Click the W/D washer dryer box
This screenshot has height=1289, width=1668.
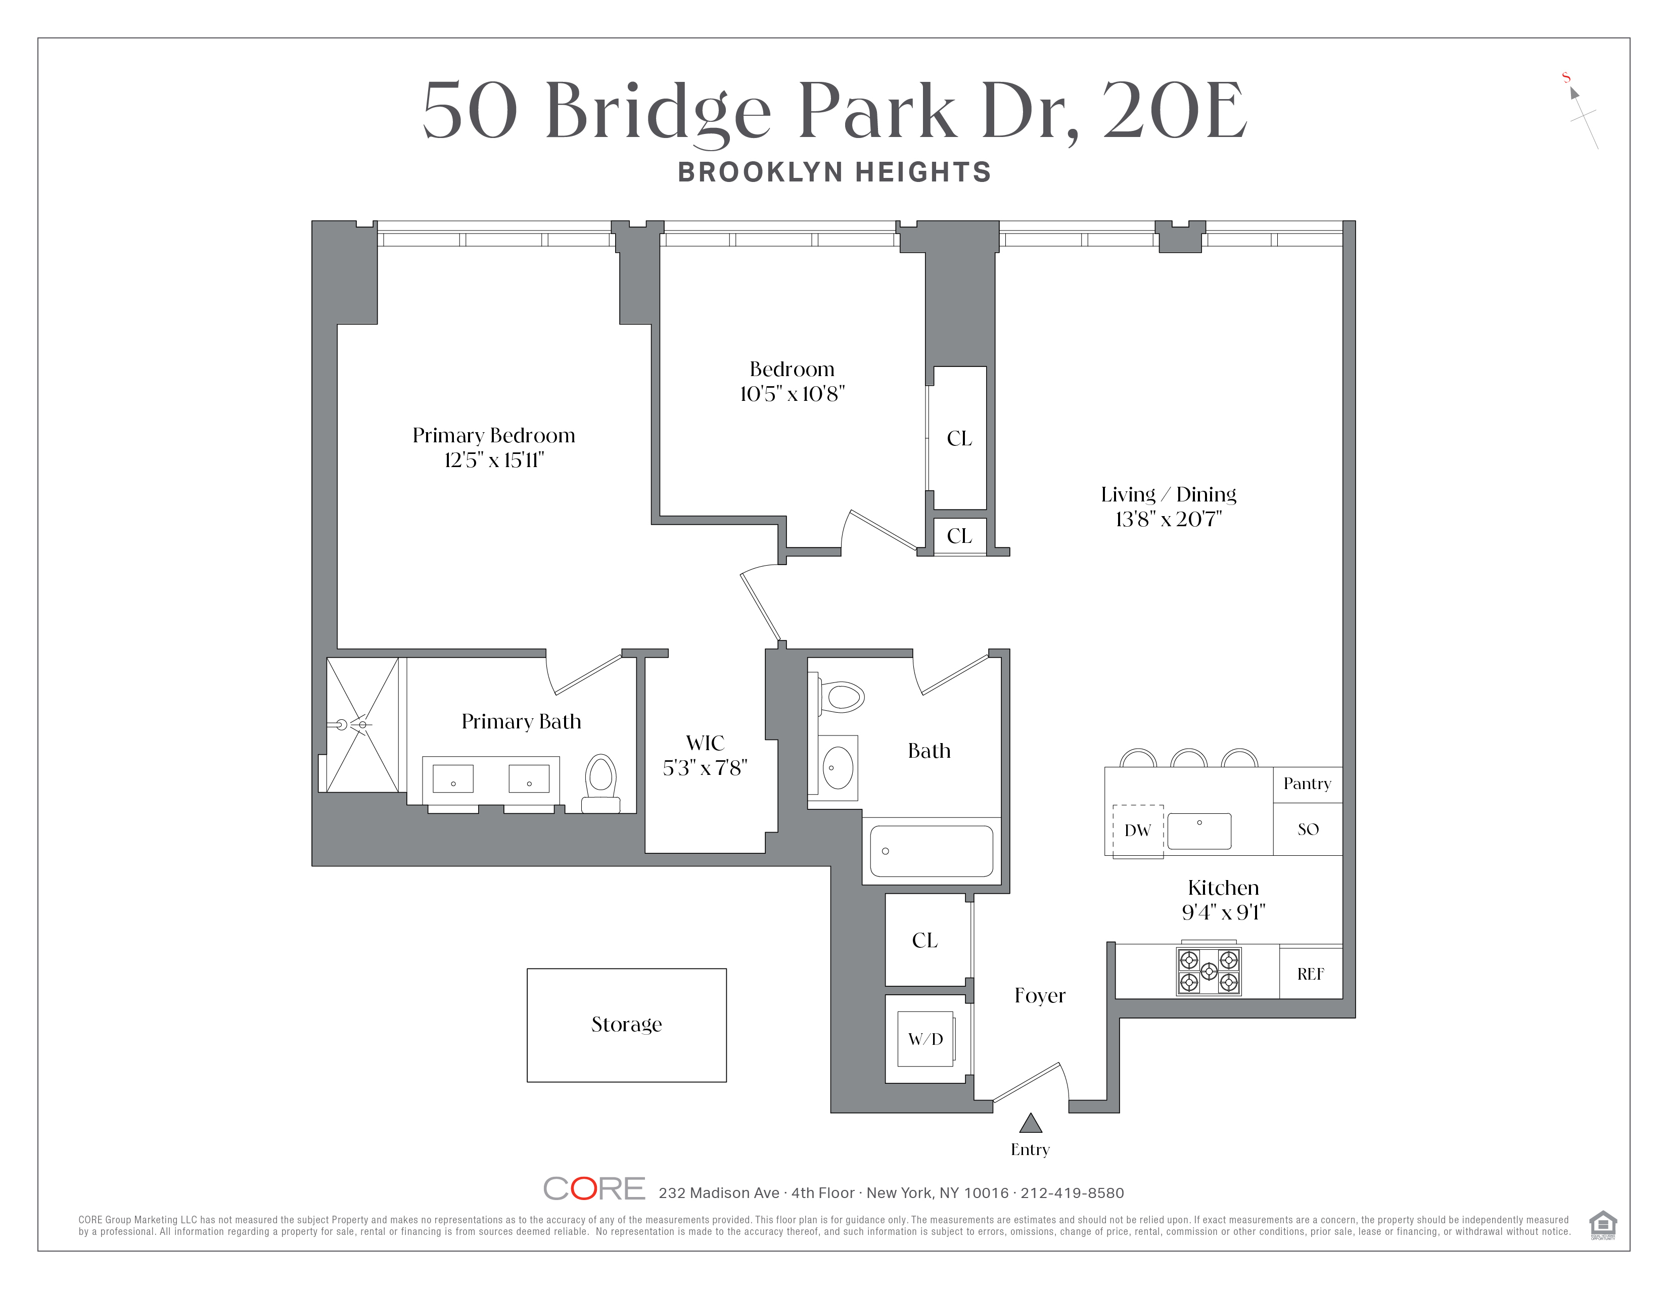(x=925, y=1039)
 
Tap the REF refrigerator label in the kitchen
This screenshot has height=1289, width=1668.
(x=1310, y=974)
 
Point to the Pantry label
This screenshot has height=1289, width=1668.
(x=1307, y=784)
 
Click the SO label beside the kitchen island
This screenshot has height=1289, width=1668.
(x=1308, y=830)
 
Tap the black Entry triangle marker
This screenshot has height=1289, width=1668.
(x=1030, y=1123)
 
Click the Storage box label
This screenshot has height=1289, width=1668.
(x=626, y=1024)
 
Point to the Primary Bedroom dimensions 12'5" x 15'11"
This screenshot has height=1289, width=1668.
(x=493, y=459)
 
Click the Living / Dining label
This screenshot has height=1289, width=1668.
(x=1168, y=494)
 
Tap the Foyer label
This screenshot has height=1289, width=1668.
(x=1039, y=995)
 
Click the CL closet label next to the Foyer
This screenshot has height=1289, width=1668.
(x=924, y=940)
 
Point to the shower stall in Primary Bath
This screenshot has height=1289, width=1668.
(x=362, y=724)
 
